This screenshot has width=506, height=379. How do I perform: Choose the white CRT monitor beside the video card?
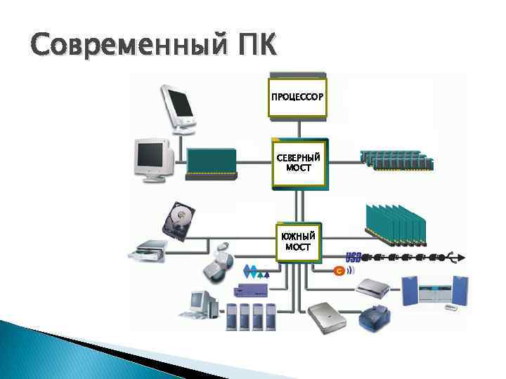(154, 159)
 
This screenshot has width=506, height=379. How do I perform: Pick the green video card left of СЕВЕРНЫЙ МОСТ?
(212, 164)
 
